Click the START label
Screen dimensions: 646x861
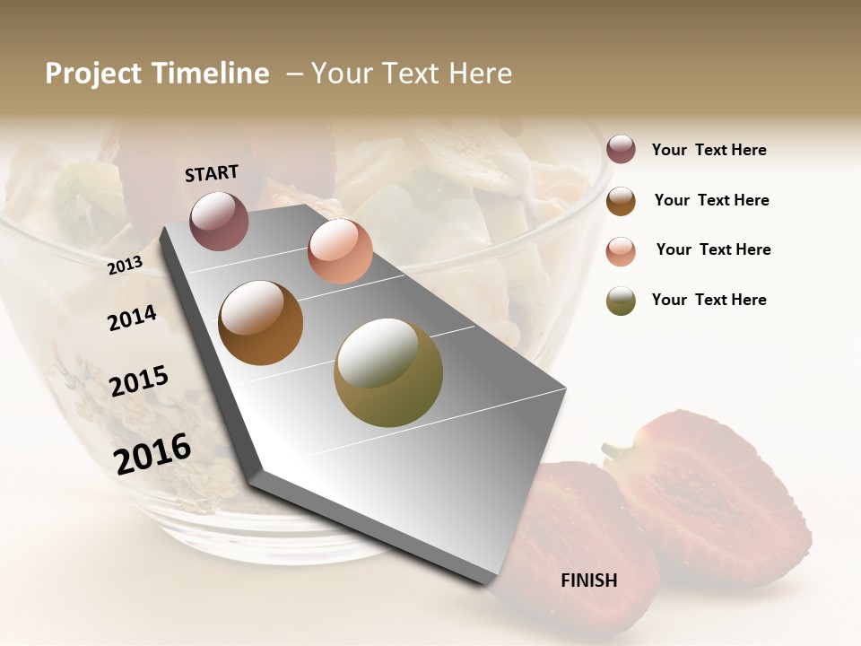[212, 173]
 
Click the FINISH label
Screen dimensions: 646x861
[588, 581]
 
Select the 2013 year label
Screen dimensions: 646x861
[126, 265]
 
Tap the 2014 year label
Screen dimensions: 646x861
[132, 318]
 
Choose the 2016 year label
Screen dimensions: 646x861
[152, 453]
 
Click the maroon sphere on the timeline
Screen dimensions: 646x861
[219, 221]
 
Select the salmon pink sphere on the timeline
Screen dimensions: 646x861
[340, 251]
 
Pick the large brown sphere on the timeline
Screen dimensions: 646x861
[261, 323]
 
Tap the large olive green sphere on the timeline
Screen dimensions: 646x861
[388, 372]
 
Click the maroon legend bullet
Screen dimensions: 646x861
[621, 149]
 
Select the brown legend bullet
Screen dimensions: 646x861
[621, 201]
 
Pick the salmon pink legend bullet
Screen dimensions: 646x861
[621, 251]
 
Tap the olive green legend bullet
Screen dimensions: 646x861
[621, 301]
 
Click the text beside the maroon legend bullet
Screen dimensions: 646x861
[709, 150]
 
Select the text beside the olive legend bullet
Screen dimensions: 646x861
[709, 300]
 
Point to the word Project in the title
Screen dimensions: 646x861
[92, 74]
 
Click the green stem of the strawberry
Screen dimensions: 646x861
[617, 449]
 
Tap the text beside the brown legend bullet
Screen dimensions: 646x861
[712, 200]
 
